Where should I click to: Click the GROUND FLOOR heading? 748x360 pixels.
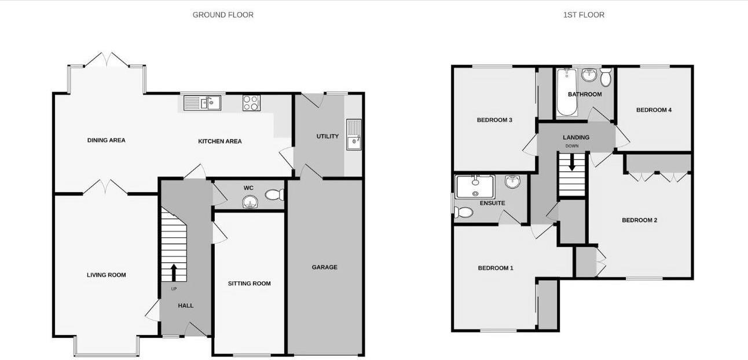223,15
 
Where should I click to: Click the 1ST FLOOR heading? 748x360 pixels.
584,15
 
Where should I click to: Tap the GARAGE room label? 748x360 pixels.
324,267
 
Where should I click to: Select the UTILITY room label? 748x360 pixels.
327,137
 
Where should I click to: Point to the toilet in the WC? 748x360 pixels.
274,194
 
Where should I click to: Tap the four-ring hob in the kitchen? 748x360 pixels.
251,103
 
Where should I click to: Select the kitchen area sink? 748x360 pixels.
203,103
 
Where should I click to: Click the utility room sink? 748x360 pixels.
353,135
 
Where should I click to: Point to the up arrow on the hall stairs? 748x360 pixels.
174,272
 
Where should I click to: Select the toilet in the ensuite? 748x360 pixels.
464,212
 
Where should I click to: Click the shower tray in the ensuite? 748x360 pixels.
475,186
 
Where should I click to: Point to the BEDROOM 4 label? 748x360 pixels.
654,110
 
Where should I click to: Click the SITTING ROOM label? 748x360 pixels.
249,284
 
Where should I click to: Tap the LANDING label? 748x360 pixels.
576,137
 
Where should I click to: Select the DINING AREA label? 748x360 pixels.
106,140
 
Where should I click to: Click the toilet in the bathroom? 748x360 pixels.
606,77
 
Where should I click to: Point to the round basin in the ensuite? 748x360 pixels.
513,182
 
